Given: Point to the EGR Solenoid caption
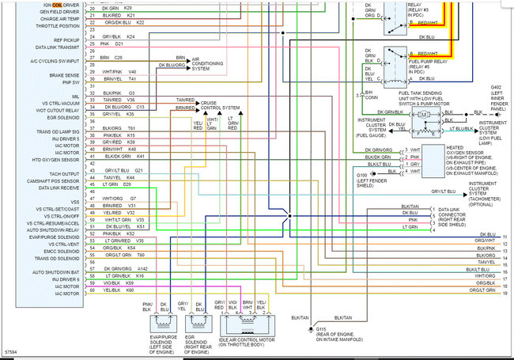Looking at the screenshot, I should (x=196, y=341).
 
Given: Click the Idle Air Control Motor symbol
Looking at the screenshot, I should (x=251, y=321).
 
